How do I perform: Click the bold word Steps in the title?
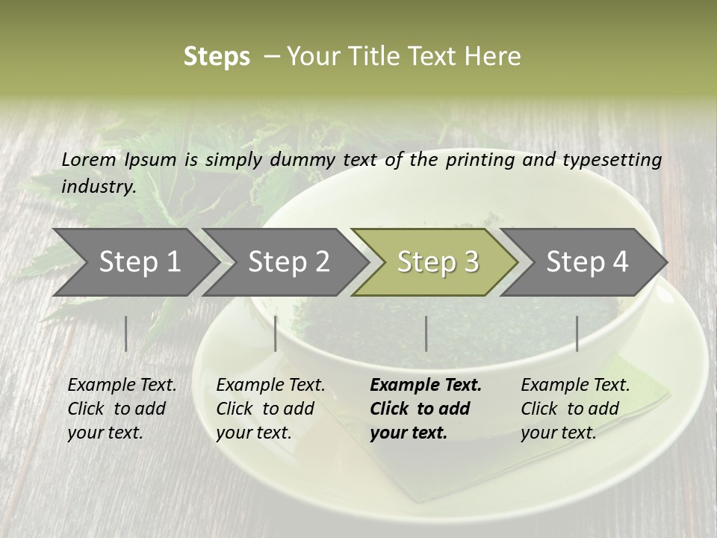(x=217, y=57)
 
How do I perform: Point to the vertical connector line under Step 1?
(x=126, y=333)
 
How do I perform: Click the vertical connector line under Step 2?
(x=276, y=333)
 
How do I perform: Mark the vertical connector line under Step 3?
(x=426, y=333)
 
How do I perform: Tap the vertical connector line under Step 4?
(x=577, y=333)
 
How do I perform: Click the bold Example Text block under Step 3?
(x=426, y=409)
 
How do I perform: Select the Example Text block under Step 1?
(x=122, y=409)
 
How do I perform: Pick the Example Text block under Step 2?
(x=270, y=409)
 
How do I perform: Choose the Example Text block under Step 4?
(x=575, y=409)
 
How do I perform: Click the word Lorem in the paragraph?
(x=89, y=159)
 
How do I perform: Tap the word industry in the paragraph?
(x=98, y=187)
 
